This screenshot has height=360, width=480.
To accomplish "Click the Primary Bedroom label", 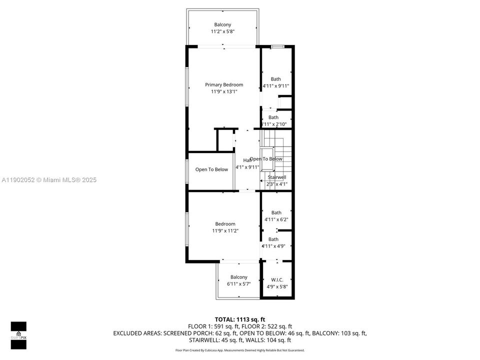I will [224, 84].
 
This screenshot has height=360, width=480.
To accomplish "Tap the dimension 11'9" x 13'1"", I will [224, 91].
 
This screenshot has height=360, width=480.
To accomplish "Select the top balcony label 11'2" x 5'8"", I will [222, 31].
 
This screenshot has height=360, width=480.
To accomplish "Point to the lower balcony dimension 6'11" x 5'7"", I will [238, 284].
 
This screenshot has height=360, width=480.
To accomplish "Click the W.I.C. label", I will [276, 279].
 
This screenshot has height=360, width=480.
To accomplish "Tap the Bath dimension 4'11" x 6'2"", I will [276, 219].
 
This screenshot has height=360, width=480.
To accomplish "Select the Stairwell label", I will [276, 177].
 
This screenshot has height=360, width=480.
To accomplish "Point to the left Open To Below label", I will [211, 169].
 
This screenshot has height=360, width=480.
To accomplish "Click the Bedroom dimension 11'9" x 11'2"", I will [225, 231].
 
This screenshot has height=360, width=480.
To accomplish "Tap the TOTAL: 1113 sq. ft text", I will [239, 318].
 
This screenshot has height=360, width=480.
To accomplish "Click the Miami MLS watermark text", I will [48, 180].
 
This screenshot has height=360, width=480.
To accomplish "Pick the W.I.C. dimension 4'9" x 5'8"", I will [276, 286].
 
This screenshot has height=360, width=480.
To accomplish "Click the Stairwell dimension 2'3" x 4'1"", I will [276, 184].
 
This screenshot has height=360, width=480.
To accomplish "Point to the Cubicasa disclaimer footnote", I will [239, 350].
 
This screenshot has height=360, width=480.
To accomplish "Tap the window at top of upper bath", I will [277, 46].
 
